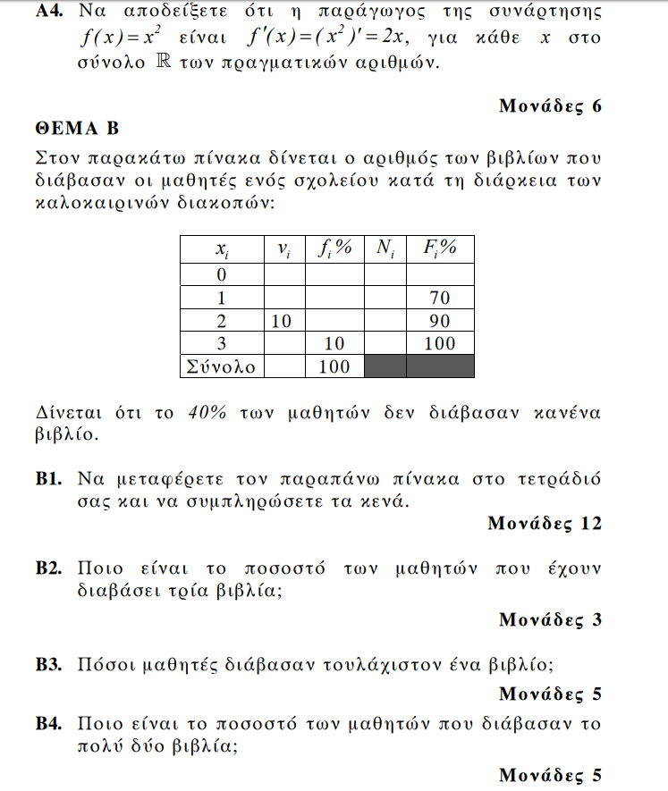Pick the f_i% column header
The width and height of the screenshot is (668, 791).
(x=335, y=249)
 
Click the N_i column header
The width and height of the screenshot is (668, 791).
(x=385, y=249)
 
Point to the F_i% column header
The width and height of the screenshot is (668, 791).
(x=440, y=249)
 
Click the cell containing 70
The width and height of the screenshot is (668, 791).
(x=440, y=297)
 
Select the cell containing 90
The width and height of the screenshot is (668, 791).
(x=440, y=320)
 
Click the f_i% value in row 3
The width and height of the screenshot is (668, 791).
(x=335, y=343)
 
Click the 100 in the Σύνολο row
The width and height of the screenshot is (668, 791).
(x=335, y=366)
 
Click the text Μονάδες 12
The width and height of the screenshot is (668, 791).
(x=545, y=524)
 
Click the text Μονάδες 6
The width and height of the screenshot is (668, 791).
(x=550, y=106)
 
